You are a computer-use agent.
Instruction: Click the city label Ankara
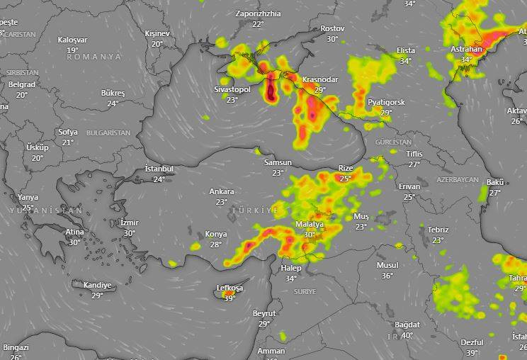tap(222, 191)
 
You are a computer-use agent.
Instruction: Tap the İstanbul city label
tap(159, 169)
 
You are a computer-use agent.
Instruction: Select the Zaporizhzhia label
tap(258, 13)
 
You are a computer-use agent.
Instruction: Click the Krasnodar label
tap(319, 79)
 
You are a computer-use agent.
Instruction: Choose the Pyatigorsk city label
tap(386, 102)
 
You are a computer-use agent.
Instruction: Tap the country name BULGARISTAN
tap(108, 133)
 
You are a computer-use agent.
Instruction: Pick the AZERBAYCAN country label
tap(458, 181)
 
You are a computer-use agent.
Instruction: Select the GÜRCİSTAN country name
tap(393, 142)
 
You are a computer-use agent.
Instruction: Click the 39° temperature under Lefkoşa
tap(229, 298)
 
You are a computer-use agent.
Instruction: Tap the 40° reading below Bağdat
tap(407, 335)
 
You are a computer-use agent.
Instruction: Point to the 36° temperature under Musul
tap(387, 276)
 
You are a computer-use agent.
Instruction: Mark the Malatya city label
tap(309, 225)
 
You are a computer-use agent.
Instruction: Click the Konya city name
tap(216, 234)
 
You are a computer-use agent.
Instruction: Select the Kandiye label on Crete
tap(97, 285)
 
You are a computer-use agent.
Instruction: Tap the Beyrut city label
tap(264, 313)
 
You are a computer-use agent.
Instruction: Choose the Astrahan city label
tap(466, 49)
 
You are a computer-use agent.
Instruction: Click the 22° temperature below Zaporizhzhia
tap(258, 24)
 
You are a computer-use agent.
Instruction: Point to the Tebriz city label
tap(438, 230)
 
